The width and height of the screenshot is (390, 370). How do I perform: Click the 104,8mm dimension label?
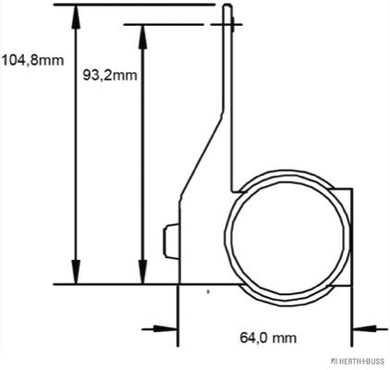click(x=32, y=62)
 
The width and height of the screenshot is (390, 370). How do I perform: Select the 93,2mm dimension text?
click(x=111, y=75)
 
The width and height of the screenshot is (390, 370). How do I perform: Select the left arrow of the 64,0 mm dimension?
click(x=166, y=327)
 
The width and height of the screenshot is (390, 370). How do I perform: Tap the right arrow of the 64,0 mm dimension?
click(x=363, y=327)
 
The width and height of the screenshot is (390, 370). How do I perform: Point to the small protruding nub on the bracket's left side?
click(x=169, y=242)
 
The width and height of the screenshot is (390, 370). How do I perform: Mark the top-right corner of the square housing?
click(x=352, y=190)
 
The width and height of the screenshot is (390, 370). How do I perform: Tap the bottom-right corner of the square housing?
click(x=352, y=284)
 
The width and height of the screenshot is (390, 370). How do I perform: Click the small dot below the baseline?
click(x=209, y=291)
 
